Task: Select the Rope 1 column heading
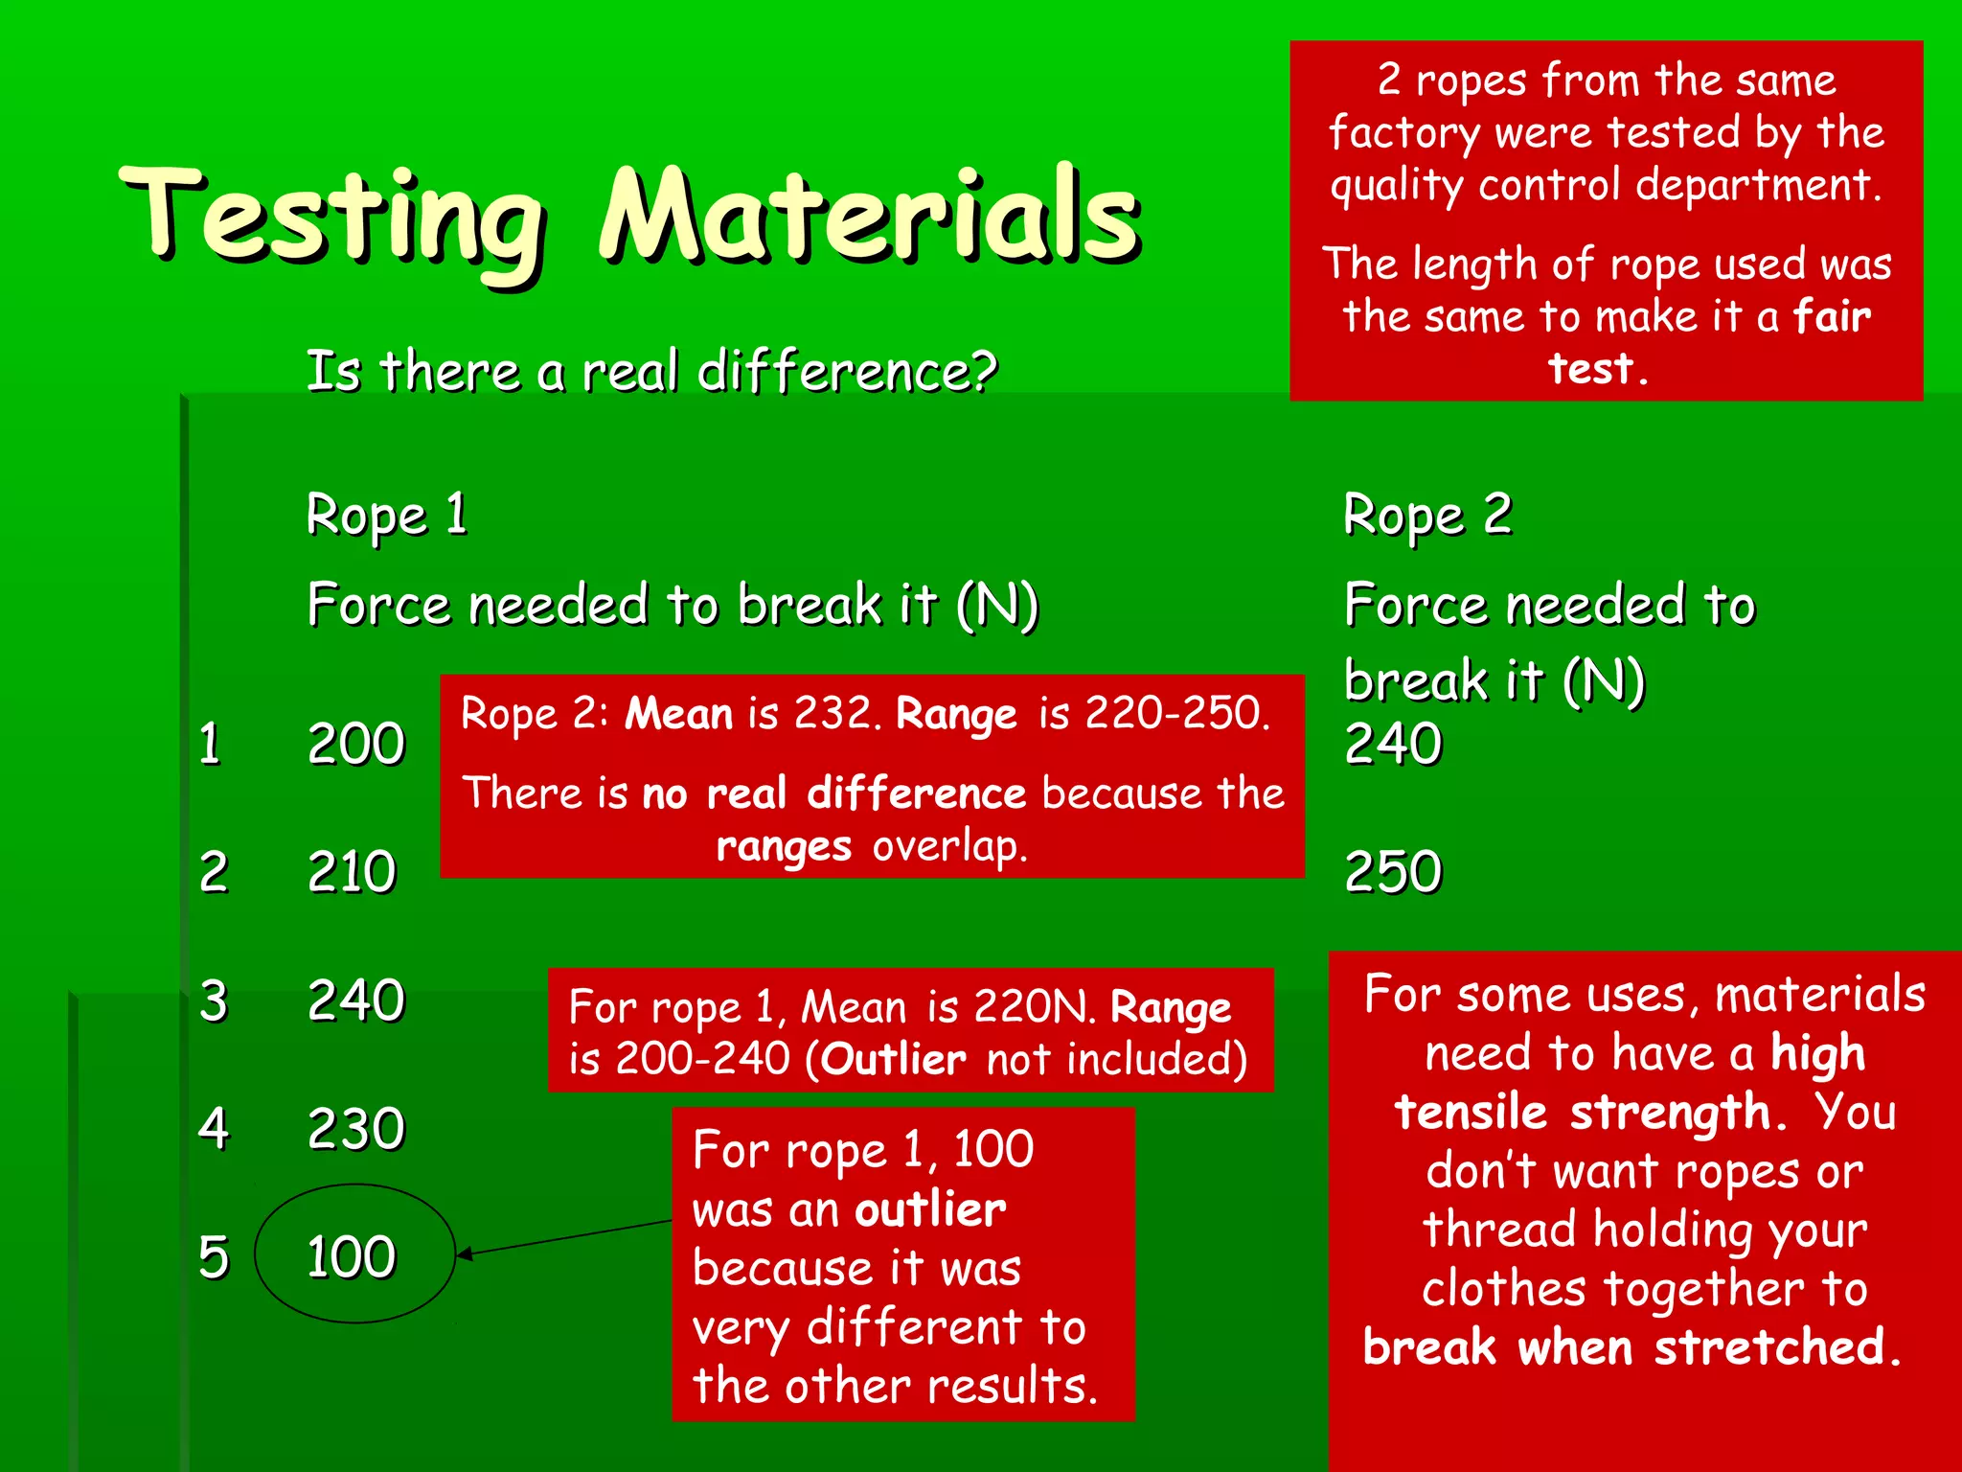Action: [x=386, y=516]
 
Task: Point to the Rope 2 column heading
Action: [x=1427, y=516]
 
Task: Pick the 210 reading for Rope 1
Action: [x=352, y=872]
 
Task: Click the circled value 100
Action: [x=352, y=1256]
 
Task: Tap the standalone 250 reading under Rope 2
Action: [x=1393, y=872]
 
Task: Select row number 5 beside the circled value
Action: [x=214, y=1256]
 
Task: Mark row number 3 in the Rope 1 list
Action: [x=214, y=1000]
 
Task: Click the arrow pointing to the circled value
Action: [x=565, y=1237]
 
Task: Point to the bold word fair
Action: [x=1831, y=316]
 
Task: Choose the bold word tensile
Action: [x=1471, y=1113]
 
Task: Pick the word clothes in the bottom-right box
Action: [x=1503, y=1289]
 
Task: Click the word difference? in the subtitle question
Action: [x=847, y=372]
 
